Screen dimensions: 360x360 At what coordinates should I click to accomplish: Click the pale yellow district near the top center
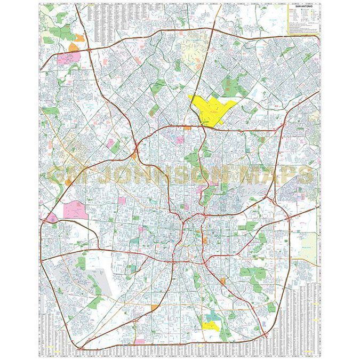[191, 53]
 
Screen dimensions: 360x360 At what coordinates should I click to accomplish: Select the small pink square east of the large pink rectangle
[122, 201]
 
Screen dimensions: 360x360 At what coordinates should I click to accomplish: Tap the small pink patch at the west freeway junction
[52, 218]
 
